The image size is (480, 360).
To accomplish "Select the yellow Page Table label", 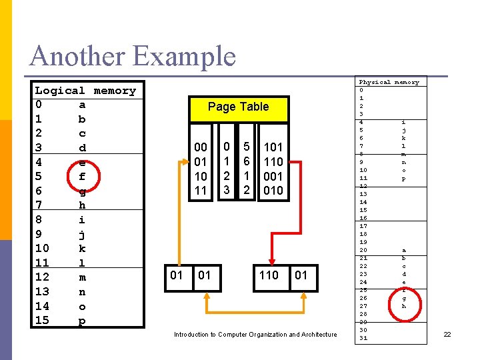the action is click(x=238, y=107).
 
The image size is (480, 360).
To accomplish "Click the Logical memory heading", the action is click(x=85, y=91).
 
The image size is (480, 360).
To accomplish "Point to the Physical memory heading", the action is click(x=389, y=82).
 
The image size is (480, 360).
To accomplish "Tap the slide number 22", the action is click(x=447, y=334).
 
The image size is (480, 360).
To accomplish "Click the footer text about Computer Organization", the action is click(x=255, y=335).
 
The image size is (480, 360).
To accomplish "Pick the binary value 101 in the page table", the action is click(x=273, y=147).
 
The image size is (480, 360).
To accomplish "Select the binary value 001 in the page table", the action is click(x=273, y=176).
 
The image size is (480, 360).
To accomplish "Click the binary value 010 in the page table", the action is click(x=273, y=191).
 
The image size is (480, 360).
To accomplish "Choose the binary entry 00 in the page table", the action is click(x=200, y=147).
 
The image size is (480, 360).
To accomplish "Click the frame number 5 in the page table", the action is click(x=246, y=146).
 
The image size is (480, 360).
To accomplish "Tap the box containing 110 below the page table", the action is click(x=269, y=275).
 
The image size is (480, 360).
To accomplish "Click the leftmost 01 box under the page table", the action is click(x=177, y=275).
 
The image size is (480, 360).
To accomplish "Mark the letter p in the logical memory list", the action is click(x=81, y=321).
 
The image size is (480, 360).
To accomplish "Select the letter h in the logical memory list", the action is click(x=81, y=205).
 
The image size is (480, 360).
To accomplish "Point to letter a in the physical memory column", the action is click(x=403, y=250).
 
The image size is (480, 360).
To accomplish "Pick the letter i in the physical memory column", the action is click(x=403, y=122).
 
